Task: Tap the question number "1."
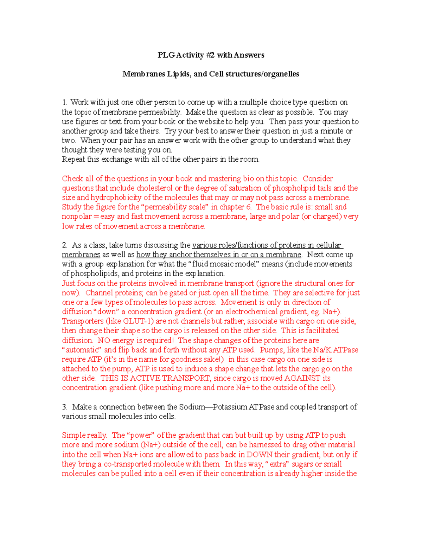tap(65, 102)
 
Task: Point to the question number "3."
tap(65, 407)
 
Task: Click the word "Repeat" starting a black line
tap(73, 159)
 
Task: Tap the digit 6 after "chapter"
tap(249, 207)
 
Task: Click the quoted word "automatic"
tap(82, 350)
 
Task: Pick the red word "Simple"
tap(73, 435)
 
